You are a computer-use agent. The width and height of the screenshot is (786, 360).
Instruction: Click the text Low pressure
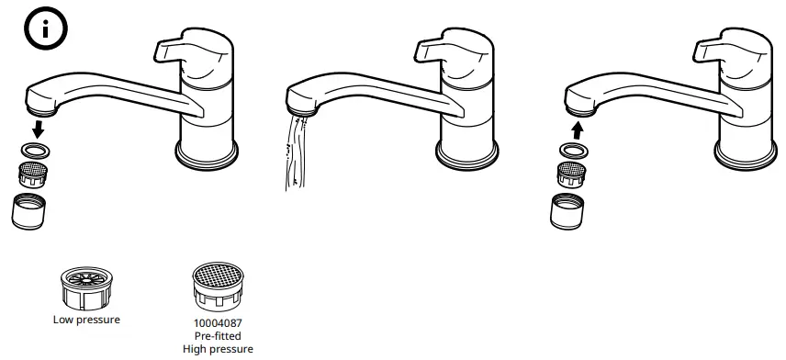pyautogui.click(x=86, y=320)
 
